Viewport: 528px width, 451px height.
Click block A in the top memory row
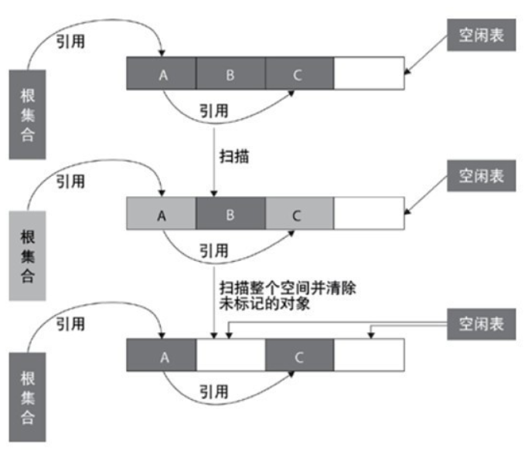pyautogui.click(x=162, y=74)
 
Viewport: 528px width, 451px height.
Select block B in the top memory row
pyautogui.click(x=230, y=74)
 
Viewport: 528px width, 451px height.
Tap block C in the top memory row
pyautogui.click(x=299, y=74)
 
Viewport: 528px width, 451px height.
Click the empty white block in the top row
pyautogui.click(x=369, y=74)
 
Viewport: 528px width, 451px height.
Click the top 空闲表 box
pyautogui.click(x=480, y=35)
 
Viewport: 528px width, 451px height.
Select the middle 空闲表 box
pyautogui.click(x=480, y=176)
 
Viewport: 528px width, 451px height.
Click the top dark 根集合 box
pyautogui.click(x=29, y=114)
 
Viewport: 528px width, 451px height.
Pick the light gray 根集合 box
pyautogui.click(x=29, y=255)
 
